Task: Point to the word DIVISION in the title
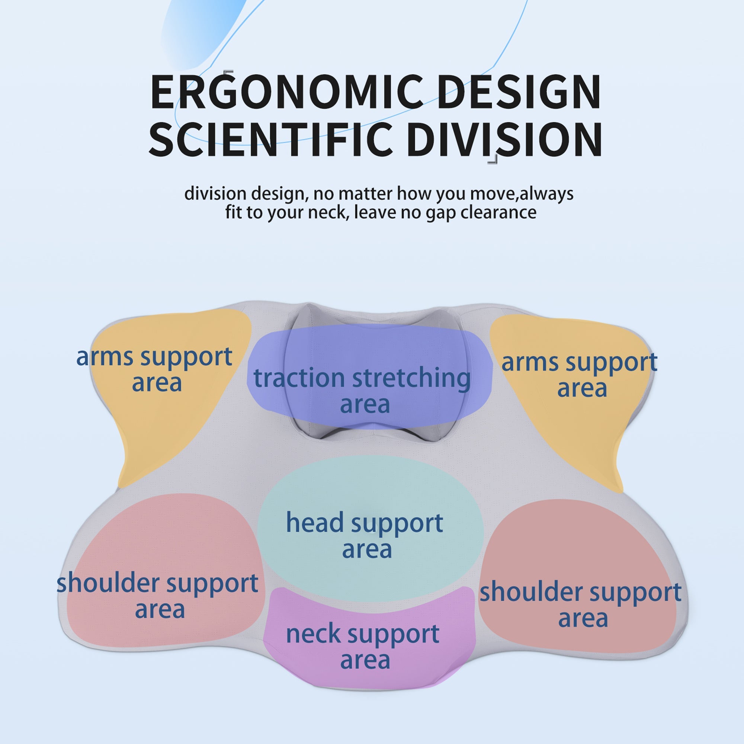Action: coord(504,139)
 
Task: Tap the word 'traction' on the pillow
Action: coord(299,378)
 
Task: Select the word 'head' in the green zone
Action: coord(315,523)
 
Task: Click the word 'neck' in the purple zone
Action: coord(313,634)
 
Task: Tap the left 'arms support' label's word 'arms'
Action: coord(105,357)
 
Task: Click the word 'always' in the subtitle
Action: coord(546,193)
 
